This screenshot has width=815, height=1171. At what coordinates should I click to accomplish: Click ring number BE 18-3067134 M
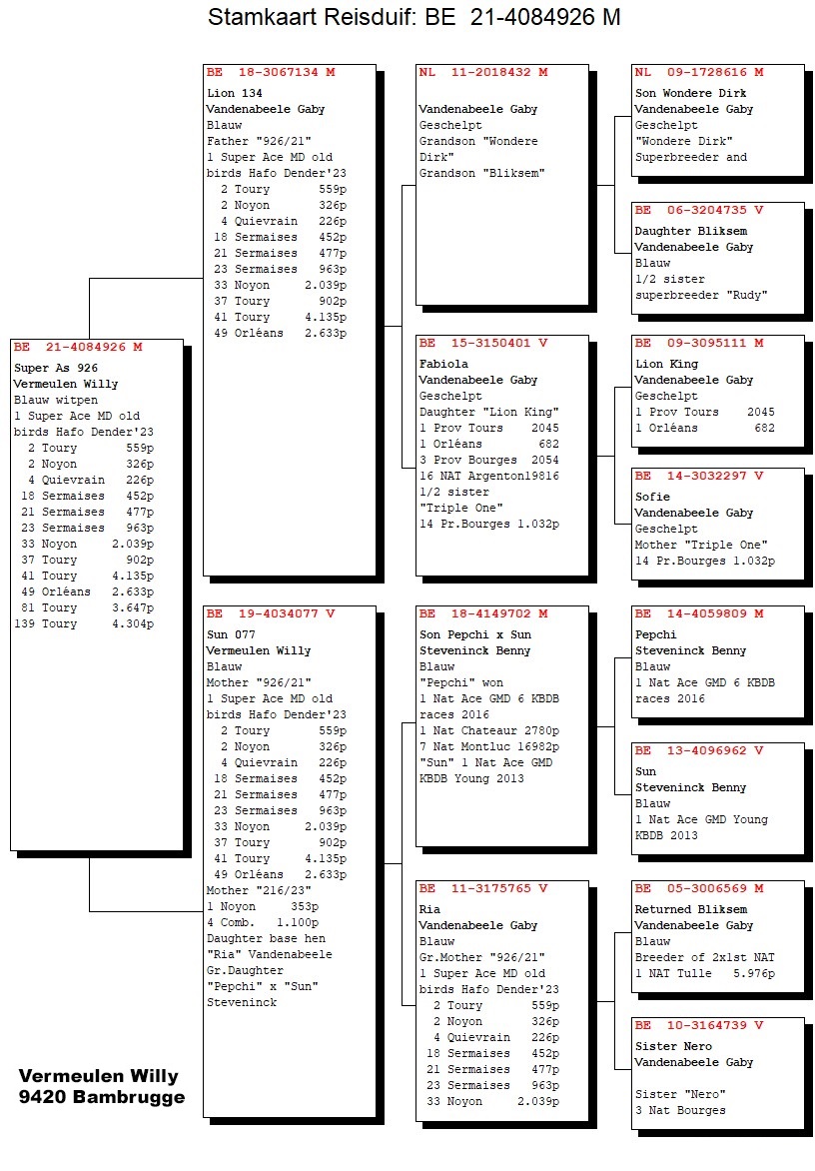click(271, 73)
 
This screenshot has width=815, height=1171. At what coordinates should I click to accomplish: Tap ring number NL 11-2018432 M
click(483, 73)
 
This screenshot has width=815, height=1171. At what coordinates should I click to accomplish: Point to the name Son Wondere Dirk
click(691, 93)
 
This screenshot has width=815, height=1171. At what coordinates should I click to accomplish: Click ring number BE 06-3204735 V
click(699, 211)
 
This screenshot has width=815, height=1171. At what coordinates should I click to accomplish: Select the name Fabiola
click(443, 364)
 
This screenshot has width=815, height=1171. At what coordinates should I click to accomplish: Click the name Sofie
click(652, 497)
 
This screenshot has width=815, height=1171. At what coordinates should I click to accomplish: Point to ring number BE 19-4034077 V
click(271, 614)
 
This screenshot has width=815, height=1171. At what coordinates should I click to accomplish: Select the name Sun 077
click(228, 634)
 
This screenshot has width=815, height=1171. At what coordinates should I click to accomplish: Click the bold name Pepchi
click(655, 634)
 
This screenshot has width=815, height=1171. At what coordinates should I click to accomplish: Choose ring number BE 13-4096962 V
click(699, 751)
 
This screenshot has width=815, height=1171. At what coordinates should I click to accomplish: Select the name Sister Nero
click(674, 1046)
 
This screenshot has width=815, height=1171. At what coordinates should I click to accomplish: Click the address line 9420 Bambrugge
click(102, 1097)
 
